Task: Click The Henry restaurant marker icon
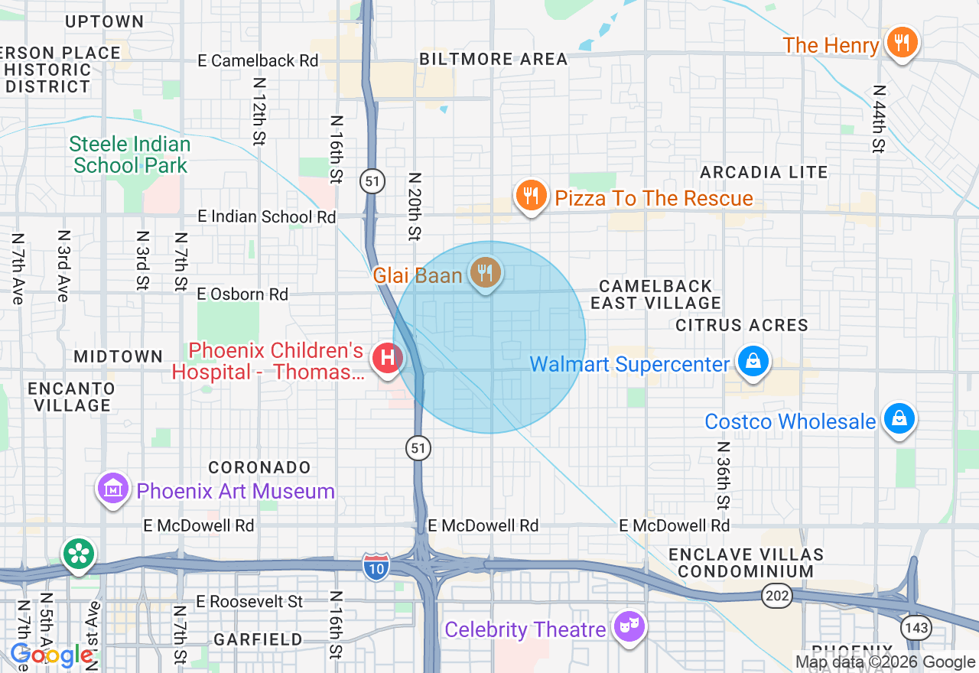click(902, 43)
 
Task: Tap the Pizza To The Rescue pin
click(531, 196)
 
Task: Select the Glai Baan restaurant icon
click(484, 272)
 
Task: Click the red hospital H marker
click(388, 357)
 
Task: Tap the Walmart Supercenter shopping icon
click(753, 361)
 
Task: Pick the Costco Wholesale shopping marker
click(899, 418)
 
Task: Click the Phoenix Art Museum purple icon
click(113, 488)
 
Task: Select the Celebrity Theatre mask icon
click(629, 627)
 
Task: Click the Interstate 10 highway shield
click(375, 566)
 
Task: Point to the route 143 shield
click(916, 628)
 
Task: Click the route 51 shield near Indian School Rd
click(372, 182)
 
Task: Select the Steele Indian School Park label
click(130, 154)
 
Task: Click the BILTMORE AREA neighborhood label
click(493, 60)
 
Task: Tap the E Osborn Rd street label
click(242, 294)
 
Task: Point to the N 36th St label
click(722, 475)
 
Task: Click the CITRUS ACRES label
click(741, 326)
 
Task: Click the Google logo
click(51, 655)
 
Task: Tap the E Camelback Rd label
click(257, 60)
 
